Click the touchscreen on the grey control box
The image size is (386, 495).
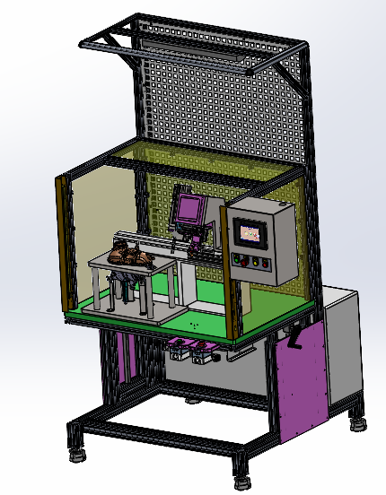[x=251, y=232]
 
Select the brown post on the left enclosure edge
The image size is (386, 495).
[x=62, y=242]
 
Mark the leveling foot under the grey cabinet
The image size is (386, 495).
[x=360, y=421]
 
